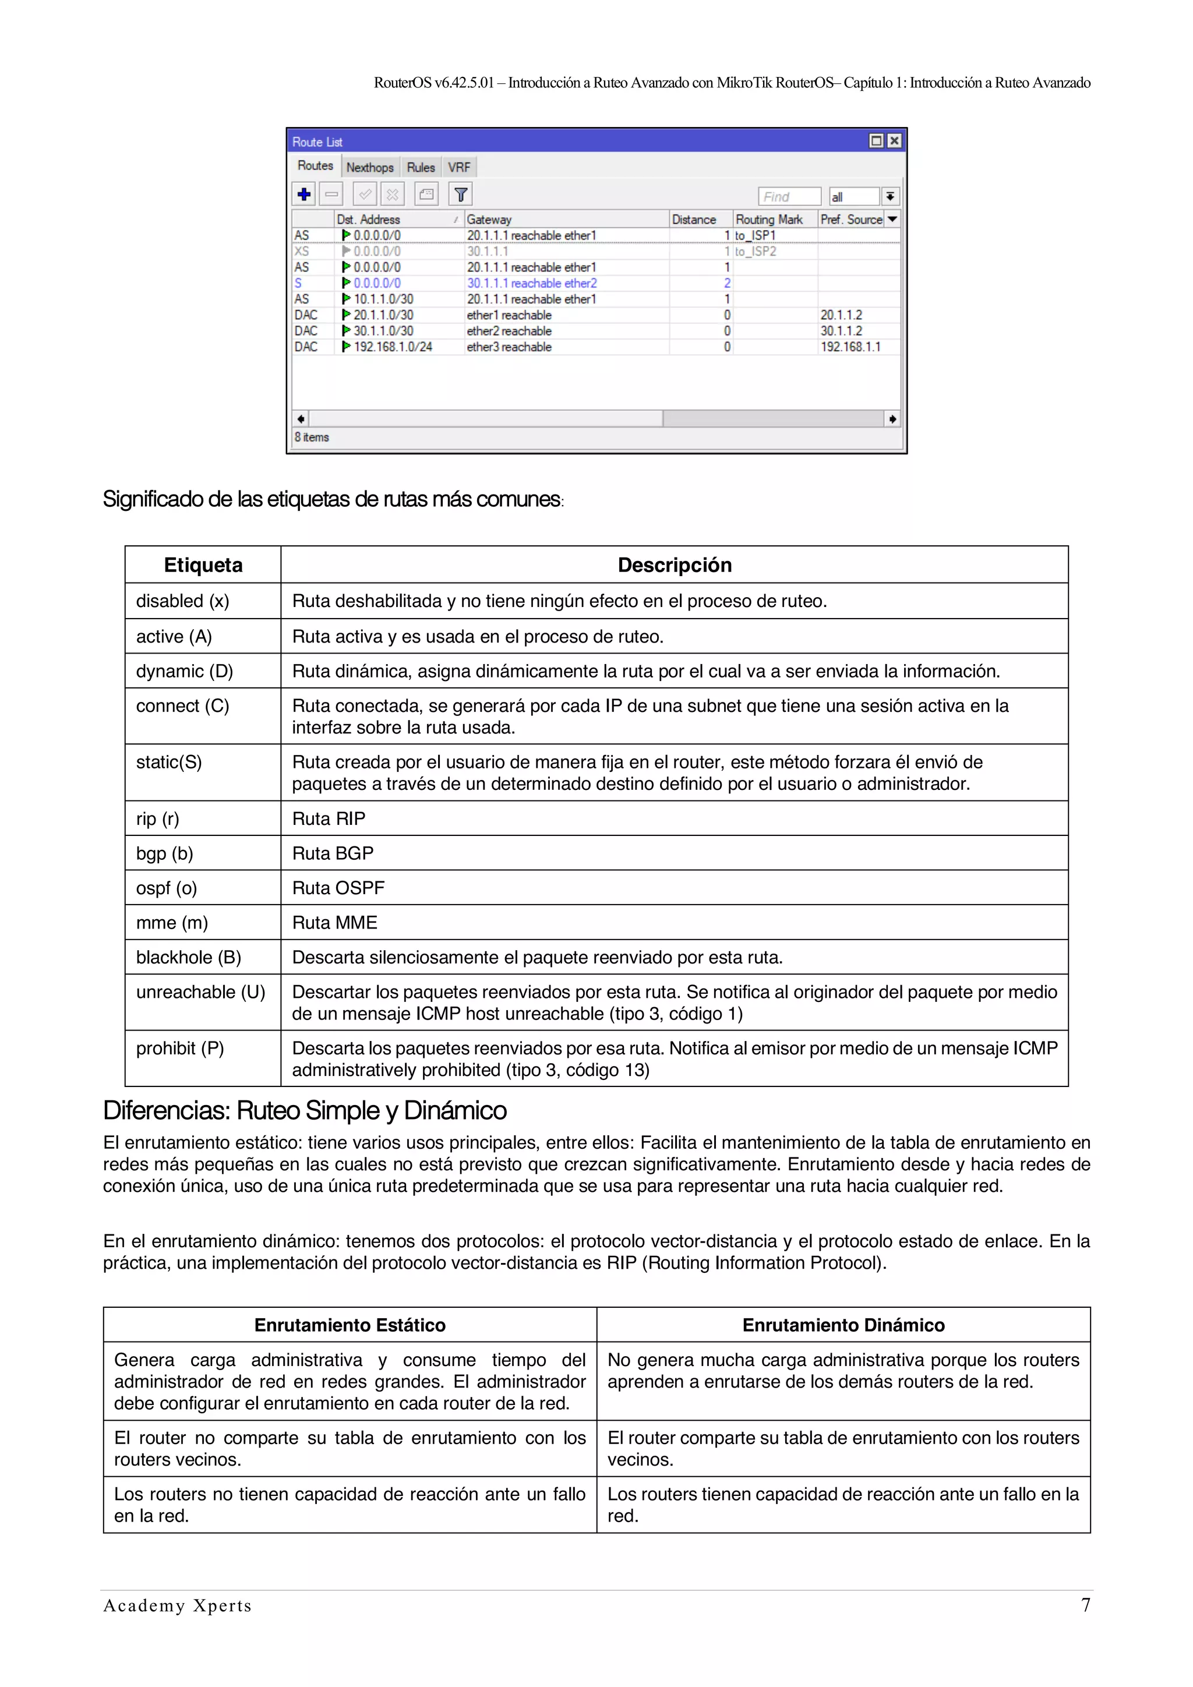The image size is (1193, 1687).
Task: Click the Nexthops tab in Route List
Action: tap(369, 168)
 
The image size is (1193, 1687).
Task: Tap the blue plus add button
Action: tap(303, 195)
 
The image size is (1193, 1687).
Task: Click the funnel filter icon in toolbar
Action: tap(461, 195)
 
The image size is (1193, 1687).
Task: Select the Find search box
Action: tap(788, 197)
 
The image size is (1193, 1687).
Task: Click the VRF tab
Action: tap(459, 168)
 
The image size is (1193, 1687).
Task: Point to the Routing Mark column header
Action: tap(769, 220)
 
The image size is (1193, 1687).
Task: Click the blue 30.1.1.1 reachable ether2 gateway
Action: tap(532, 284)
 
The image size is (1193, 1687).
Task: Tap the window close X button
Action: tap(894, 141)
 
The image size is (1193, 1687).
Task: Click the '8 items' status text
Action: tap(312, 437)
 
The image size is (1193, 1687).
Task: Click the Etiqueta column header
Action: tap(203, 565)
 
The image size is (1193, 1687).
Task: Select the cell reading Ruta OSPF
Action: tap(338, 888)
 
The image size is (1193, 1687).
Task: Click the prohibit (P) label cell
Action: tap(180, 1049)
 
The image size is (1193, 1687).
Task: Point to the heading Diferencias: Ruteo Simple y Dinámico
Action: tap(305, 1111)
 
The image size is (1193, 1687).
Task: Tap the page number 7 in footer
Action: tap(1085, 1605)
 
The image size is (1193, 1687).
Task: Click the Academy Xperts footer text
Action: tap(178, 1606)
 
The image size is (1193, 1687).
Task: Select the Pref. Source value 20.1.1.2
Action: tap(841, 315)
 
